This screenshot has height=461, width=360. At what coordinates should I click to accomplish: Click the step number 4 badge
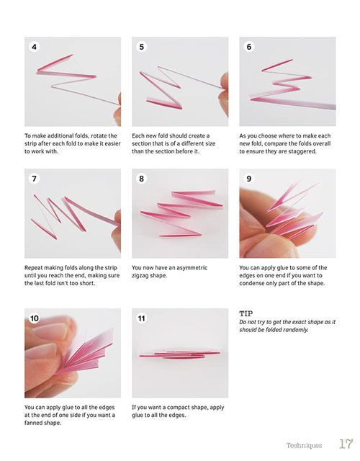tap(34, 47)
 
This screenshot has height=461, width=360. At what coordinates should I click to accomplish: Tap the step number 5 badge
tap(142, 47)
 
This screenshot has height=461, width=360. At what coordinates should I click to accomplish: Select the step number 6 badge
tap(249, 47)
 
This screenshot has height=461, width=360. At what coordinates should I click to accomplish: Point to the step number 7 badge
tap(34, 179)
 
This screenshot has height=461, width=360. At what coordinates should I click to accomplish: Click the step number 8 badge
tap(142, 179)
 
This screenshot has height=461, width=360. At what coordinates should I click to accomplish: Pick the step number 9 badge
tap(249, 179)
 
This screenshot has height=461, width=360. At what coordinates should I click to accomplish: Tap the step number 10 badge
tap(34, 318)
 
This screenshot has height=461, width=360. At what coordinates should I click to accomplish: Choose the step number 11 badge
tap(142, 318)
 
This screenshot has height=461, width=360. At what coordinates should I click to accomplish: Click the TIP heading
tap(246, 313)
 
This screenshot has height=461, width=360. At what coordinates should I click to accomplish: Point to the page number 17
tap(346, 444)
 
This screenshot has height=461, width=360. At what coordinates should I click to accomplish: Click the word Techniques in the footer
tap(304, 445)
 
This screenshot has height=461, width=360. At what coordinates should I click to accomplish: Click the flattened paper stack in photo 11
tap(179, 354)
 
